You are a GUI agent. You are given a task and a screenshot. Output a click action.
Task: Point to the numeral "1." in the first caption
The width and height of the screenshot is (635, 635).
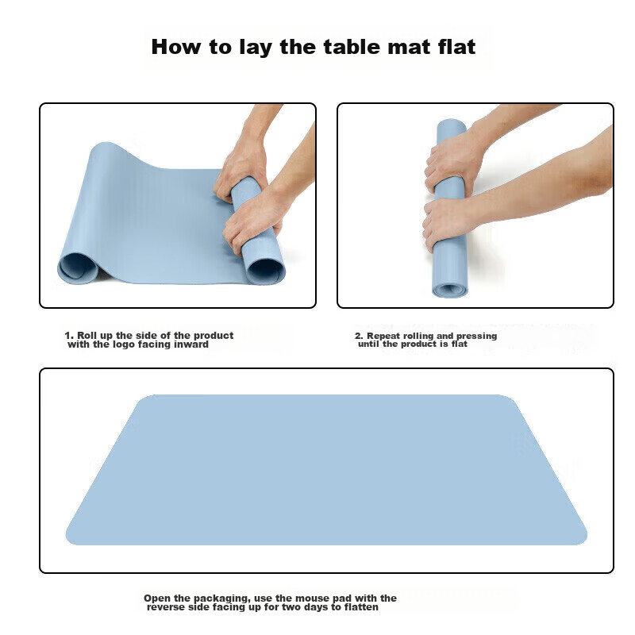pos(69,336)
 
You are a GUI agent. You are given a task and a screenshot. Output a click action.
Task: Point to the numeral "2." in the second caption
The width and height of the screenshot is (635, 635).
pos(359,336)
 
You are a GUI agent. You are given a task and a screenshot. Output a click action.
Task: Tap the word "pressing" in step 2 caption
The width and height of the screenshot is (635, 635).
pos(475,336)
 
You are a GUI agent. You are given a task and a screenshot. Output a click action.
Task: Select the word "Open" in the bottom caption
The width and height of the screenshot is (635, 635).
pos(156,598)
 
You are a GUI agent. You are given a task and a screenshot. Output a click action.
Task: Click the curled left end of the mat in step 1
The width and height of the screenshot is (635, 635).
pos(77,266)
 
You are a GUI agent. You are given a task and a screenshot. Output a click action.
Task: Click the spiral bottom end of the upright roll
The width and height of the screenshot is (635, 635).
pos(450,289)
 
